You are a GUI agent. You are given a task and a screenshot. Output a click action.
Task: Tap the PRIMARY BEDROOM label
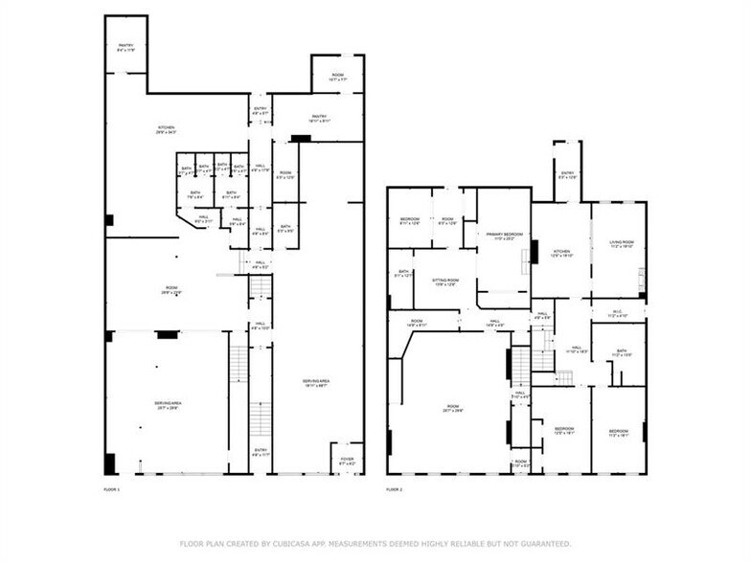coord(504,235)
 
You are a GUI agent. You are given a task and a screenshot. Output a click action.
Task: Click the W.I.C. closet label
coord(618,311)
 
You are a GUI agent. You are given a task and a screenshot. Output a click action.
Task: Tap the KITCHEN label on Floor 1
coord(167,128)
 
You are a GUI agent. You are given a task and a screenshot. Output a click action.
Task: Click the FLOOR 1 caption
coord(111,489)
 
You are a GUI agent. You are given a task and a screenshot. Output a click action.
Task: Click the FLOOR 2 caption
coord(393,489)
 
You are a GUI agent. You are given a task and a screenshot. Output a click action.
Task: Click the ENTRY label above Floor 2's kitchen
coord(567,173)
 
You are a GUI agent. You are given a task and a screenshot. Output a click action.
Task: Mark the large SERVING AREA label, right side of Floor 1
coord(317,381)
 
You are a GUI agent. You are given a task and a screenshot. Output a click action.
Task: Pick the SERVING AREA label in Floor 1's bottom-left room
coord(168,404)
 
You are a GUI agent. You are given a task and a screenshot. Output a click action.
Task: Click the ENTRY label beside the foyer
coord(261,449)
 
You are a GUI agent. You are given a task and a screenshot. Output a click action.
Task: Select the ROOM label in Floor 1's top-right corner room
coord(337,75)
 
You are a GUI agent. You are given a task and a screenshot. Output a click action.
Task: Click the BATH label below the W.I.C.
coord(621,351)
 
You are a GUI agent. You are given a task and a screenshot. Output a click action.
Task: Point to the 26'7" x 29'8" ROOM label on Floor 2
coord(453,408)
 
